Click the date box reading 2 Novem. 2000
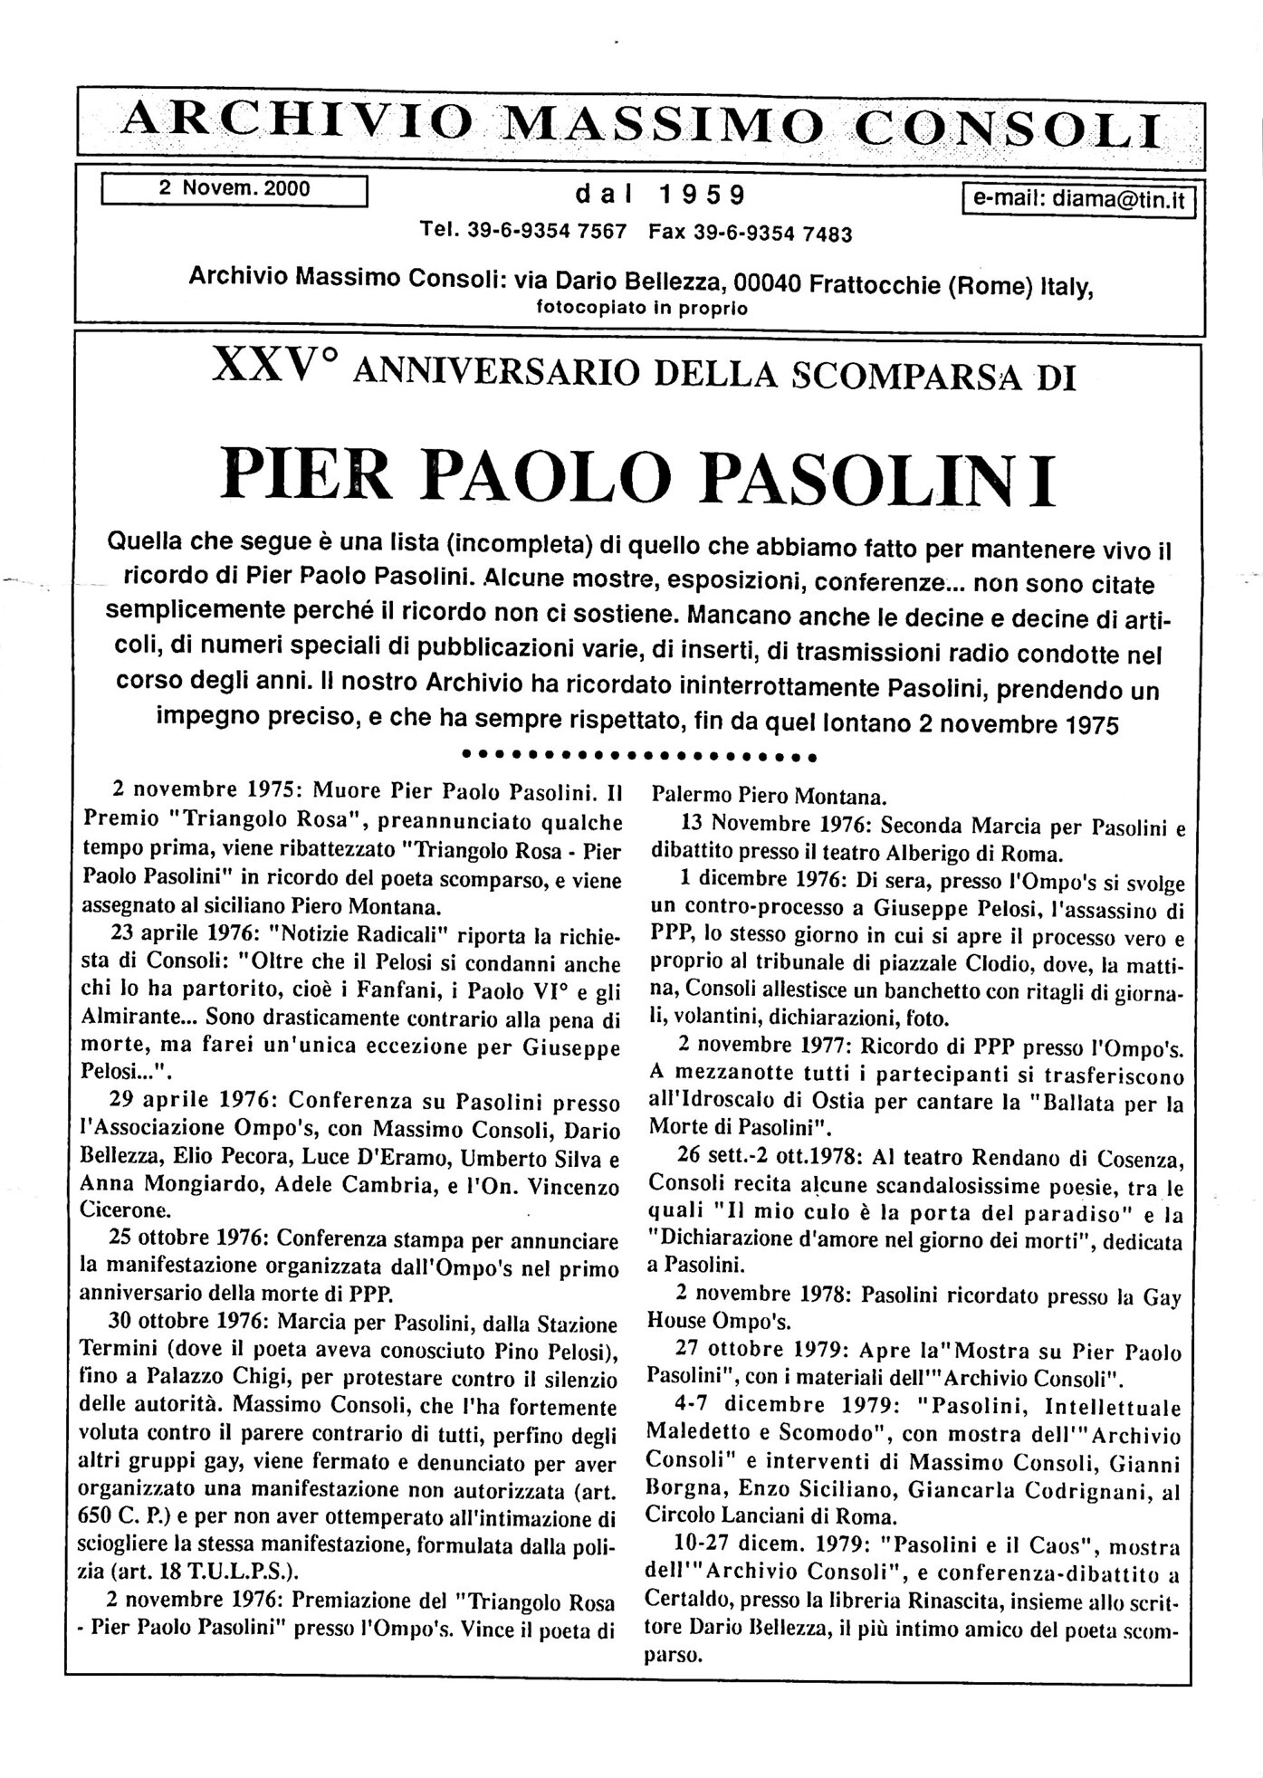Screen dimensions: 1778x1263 [x=234, y=189]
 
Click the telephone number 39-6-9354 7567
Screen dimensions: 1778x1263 [x=547, y=232]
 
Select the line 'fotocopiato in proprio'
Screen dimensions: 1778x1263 [x=642, y=308]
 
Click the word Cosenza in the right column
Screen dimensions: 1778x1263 [x=1137, y=1159]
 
